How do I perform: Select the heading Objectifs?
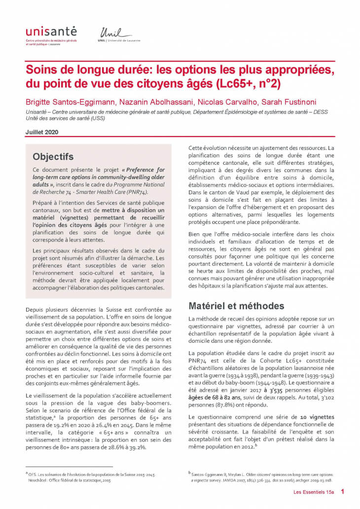[53, 156]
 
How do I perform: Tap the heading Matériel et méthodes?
[237, 306]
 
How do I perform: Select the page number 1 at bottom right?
[343, 492]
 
